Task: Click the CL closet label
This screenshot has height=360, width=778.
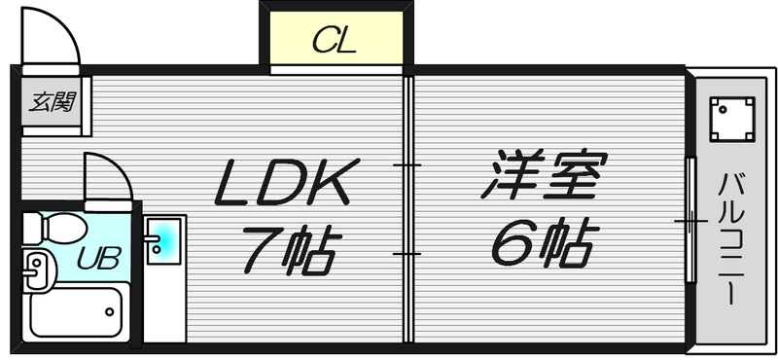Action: pos(334,42)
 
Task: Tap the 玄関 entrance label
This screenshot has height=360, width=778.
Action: pos(52,102)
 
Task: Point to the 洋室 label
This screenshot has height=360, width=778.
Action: pos(545,174)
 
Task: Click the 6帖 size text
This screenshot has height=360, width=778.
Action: pos(546,241)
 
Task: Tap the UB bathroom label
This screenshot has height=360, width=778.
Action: pos(99,258)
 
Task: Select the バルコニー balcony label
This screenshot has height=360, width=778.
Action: pos(731,239)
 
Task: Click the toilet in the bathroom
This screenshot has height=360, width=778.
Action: pos(54,229)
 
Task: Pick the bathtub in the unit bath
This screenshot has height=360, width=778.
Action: pos(78,310)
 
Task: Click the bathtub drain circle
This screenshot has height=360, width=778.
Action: pos(109,311)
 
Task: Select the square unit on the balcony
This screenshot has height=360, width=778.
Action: pos(732,119)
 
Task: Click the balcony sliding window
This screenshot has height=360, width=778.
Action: pos(690,220)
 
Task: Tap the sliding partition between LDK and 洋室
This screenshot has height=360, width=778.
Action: pos(407,208)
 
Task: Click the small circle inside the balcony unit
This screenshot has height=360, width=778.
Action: pos(723,110)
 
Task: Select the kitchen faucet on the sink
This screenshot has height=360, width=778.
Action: pos(152,238)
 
